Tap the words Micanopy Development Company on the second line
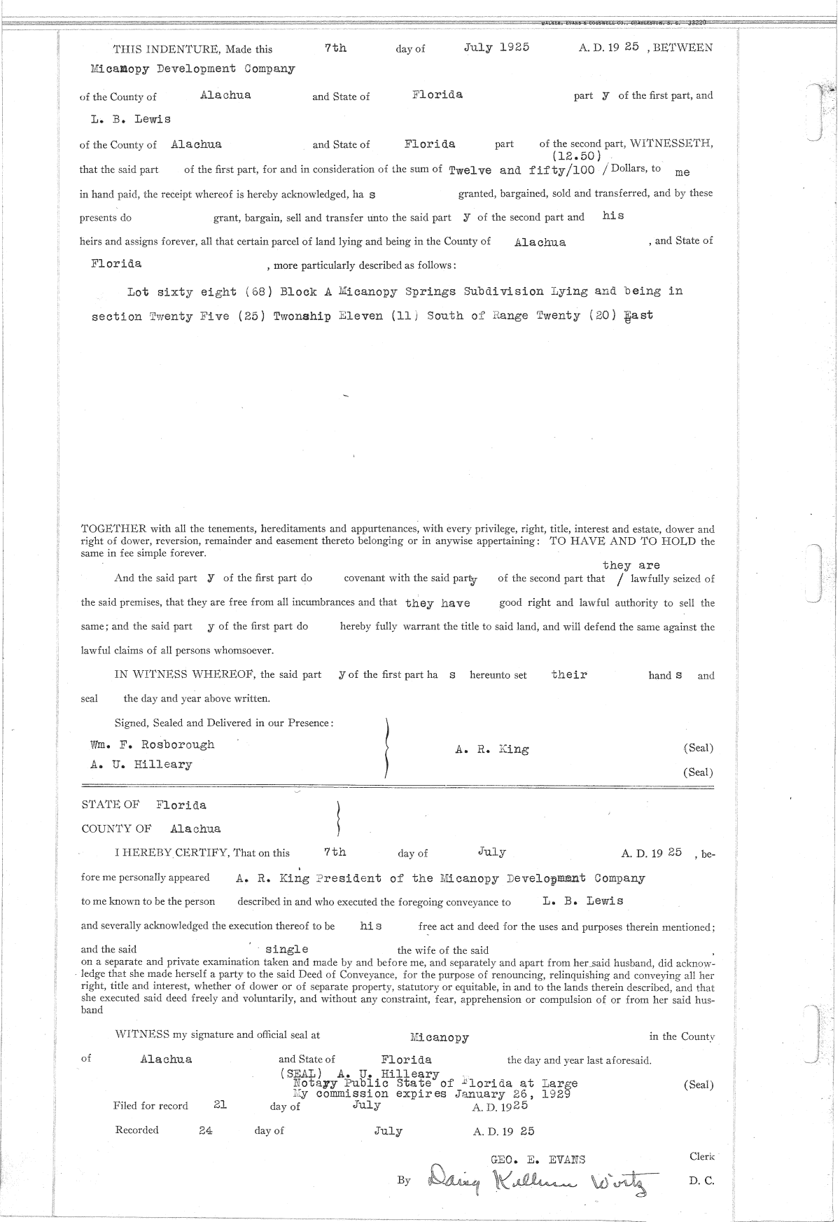point(193,69)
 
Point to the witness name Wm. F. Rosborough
point(153,744)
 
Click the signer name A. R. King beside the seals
point(492,749)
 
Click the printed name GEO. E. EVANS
point(538,1159)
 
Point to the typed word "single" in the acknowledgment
point(287,949)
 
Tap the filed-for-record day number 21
point(220,1104)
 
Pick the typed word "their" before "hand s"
point(569,674)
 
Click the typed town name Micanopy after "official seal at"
point(440,1037)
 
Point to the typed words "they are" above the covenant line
point(631,565)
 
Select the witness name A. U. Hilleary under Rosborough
point(141,765)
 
